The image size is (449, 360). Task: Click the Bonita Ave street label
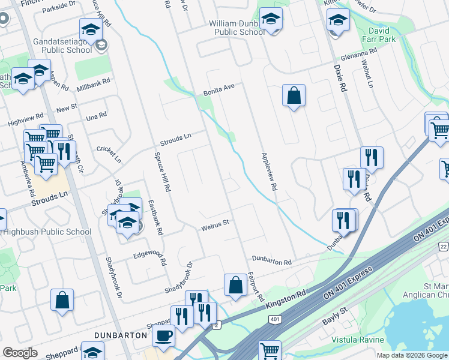[x=218, y=90]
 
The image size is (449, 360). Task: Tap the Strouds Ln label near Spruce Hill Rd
[x=175, y=140]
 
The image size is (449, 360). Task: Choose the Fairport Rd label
[x=255, y=286]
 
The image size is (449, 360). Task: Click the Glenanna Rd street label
[x=357, y=54]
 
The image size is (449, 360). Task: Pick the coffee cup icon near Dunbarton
[x=163, y=335]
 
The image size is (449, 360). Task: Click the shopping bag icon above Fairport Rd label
[x=236, y=285]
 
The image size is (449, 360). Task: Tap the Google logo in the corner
[x=20, y=353]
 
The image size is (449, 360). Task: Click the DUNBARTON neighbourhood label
[x=121, y=334]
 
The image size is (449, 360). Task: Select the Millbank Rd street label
[x=94, y=85]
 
